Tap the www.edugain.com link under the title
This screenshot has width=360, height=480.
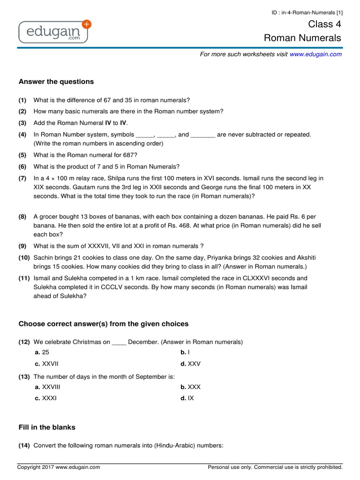(x=315, y=54)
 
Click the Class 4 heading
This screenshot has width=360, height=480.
(x=324, y=24)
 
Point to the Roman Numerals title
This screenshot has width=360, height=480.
(x=302, y=38)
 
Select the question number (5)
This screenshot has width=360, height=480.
(x=22, y=155)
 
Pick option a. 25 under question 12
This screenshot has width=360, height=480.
(x=42, y=352)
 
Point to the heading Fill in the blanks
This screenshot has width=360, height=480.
(x=47, y=427)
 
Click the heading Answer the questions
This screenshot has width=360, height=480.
(x=56, y=82)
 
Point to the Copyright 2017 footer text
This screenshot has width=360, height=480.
(x=59, y=467)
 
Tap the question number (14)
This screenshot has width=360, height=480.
(x=24, y=446)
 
